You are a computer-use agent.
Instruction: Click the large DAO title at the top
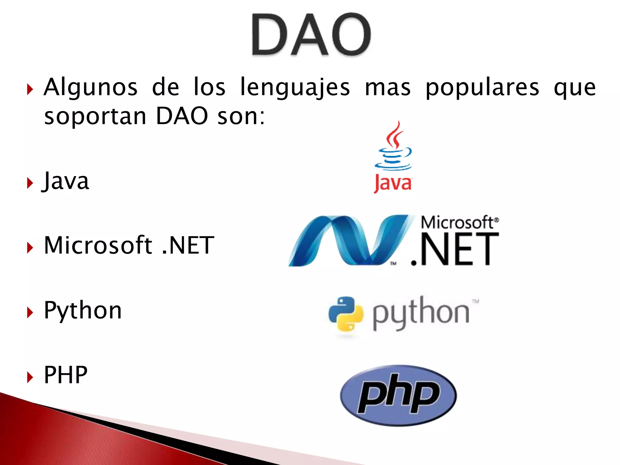pos(311,35)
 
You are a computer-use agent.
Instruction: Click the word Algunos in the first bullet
pos(91,87)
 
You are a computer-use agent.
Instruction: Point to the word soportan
pos(95,116)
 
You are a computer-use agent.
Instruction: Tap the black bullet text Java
pos(66,181)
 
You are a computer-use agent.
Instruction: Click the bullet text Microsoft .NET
pos(129,245)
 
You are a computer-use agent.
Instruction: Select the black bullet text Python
pos(83,310)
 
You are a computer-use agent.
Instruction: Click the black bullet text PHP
pos(66,375)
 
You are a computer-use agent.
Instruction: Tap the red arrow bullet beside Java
pos(30,183)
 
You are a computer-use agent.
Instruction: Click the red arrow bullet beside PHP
pos(30,377)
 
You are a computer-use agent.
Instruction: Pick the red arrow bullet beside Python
pos(30,312)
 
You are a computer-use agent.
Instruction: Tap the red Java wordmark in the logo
pos(393,183)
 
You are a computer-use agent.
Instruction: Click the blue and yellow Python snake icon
pos(346,314)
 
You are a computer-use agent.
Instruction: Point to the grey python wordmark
pos(421,313)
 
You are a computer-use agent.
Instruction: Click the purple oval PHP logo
pos(398,395)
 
